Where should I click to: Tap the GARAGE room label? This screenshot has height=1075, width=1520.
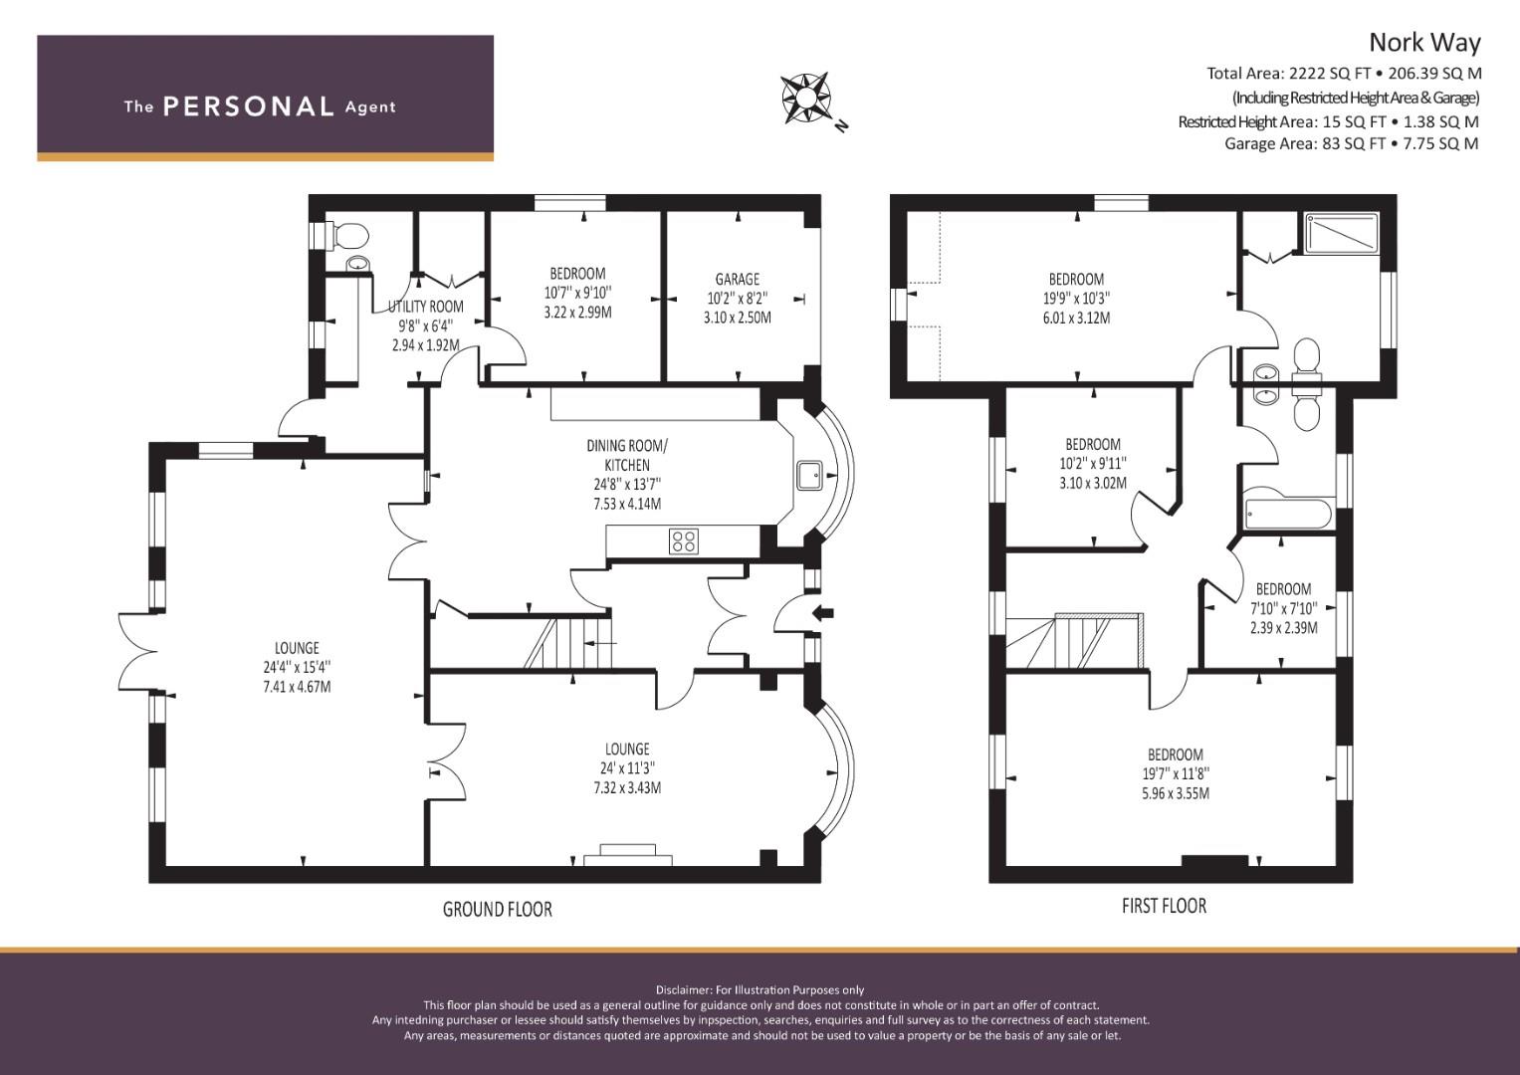[x=737, y=279]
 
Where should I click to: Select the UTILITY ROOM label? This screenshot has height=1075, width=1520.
[x=425, y=307]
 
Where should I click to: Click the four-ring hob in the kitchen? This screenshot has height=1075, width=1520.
[x=683, y=540]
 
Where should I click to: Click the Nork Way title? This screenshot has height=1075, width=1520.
[x=1424, y=43]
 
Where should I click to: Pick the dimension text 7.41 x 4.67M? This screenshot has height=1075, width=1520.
[x=297, y=686]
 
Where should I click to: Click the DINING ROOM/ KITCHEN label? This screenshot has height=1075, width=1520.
[x=627, y=456]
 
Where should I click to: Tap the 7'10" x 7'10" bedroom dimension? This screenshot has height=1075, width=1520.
[x=1284, y=608]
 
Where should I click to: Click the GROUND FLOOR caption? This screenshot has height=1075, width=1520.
[x=498, y=909]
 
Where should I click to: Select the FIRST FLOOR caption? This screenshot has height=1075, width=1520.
[x=1164, y=906]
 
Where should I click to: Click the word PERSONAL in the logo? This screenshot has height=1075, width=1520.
[x=249, y=107]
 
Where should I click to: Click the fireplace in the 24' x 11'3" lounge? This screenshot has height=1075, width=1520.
[x=628, y=855]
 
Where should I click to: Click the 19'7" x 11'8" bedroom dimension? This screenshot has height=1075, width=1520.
[x=1176, y=773]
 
